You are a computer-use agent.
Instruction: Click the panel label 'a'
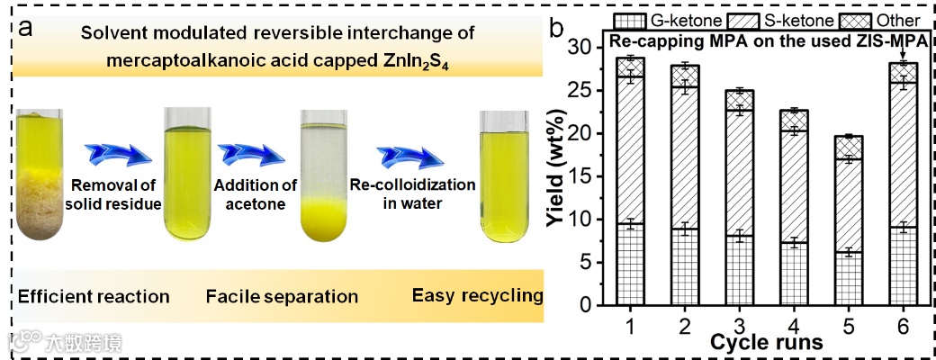tap(27, 28)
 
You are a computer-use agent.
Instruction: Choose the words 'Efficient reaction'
tap(93, 296)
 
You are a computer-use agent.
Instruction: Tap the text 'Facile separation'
tap(282, 296)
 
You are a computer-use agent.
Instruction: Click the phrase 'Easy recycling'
tap(477, 295)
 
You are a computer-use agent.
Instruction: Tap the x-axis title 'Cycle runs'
tap(764, 343)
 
